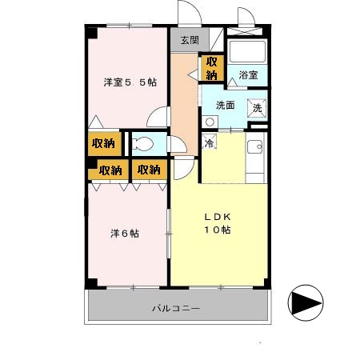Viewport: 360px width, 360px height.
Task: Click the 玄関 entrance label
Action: click(189, 39)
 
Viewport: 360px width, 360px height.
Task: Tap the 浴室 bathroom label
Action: click(247, 74)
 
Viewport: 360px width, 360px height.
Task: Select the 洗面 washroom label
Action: click(224, 105)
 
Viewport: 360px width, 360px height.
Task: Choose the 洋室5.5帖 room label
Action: click(129, 82)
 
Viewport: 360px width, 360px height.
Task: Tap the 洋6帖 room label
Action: click(125, 234)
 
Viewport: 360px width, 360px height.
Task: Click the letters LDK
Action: click(216, 216)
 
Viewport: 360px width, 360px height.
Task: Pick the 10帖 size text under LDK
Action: click(216, 230)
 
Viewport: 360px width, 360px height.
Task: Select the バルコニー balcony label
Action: click(175, 308)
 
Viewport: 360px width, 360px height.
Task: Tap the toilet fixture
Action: click(144, 144)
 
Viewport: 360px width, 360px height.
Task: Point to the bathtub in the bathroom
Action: click(247, 50)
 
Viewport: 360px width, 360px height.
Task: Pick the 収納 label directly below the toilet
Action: click(148, 170)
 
